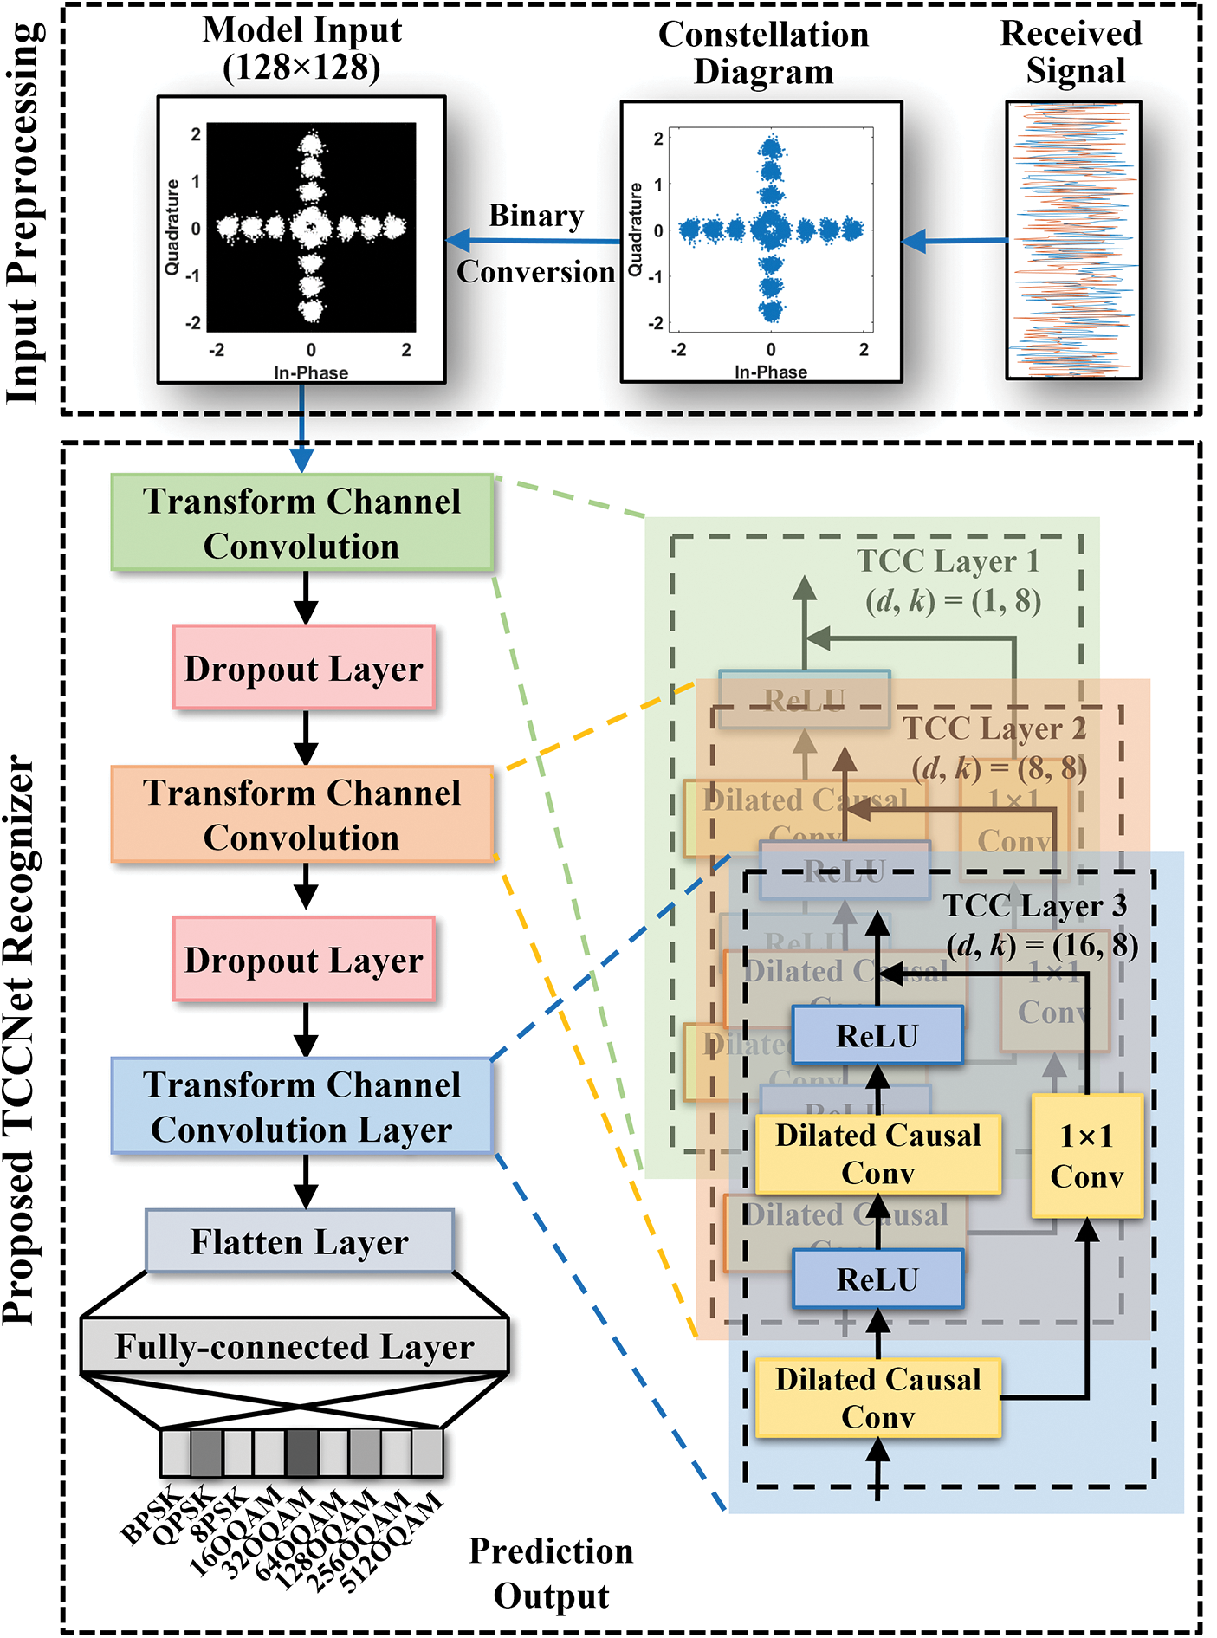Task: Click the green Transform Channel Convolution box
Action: (301, 522)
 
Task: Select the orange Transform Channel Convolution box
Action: (301, 814)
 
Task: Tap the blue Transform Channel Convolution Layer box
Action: (301, 1106)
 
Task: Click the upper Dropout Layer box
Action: (303, 668)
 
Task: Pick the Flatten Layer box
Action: (299, 1241)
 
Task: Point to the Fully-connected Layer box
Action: (295, 1346)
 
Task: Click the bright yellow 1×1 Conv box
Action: (1086, 1156)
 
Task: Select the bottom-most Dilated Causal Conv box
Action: (877, 1397)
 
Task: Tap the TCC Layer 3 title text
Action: (1035, 906)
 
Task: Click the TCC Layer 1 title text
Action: (948, 561)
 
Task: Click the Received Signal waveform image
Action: (1073, 240)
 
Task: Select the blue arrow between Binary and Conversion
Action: (533, 241)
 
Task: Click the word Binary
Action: (536, 215)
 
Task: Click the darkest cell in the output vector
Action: (301, 1453)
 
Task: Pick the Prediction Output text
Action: (551, 1573)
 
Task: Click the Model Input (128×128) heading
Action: (301, 49)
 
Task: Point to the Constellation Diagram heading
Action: (763, 52)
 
